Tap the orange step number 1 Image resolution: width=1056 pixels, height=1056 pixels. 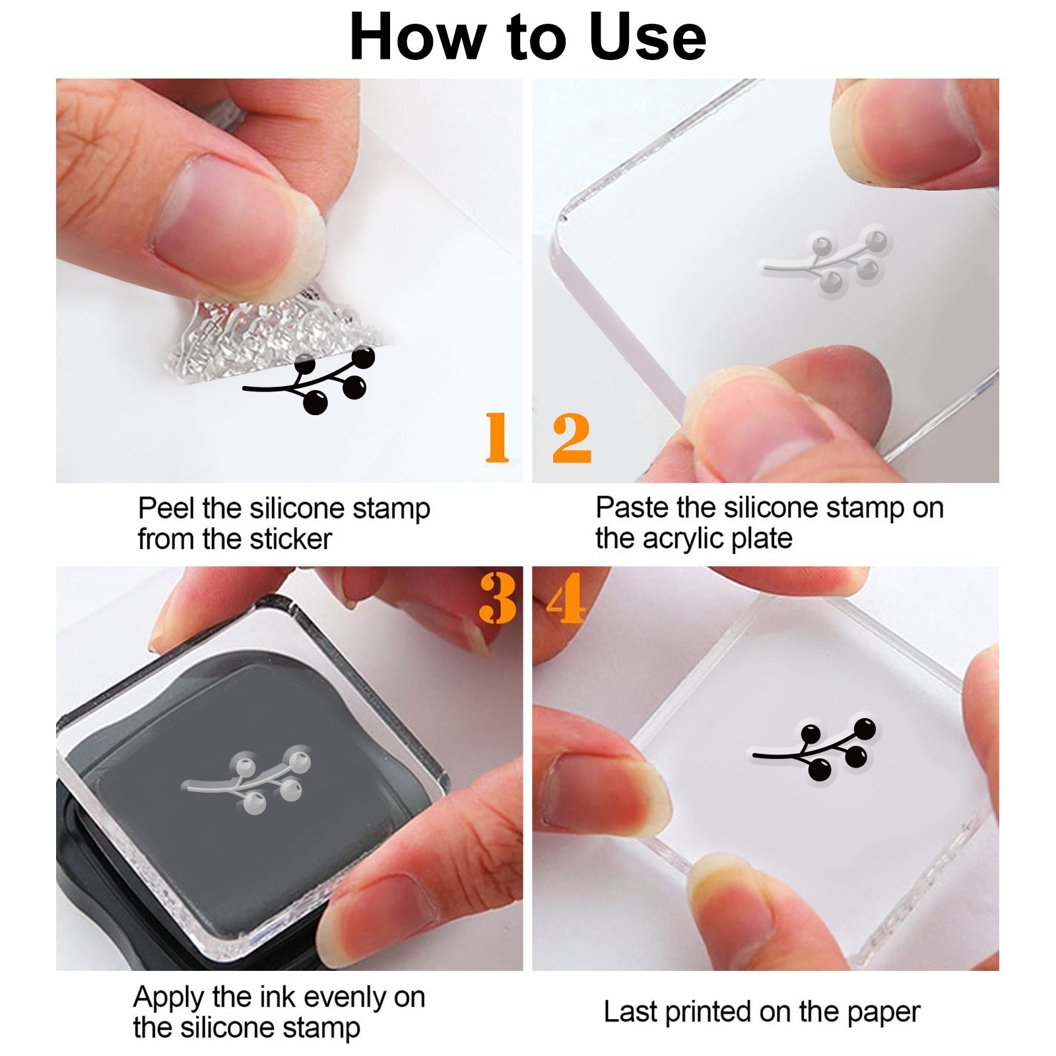tap(498, 437)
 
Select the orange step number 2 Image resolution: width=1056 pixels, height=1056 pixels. tap(572, 437)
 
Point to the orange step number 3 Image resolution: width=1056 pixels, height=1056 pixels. tap(498, 598)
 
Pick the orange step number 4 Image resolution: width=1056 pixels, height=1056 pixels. tap(566, 598)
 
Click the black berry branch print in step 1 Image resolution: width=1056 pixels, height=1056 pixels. tap(310, 381)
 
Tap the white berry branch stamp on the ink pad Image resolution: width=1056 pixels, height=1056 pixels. tap(246, 779)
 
